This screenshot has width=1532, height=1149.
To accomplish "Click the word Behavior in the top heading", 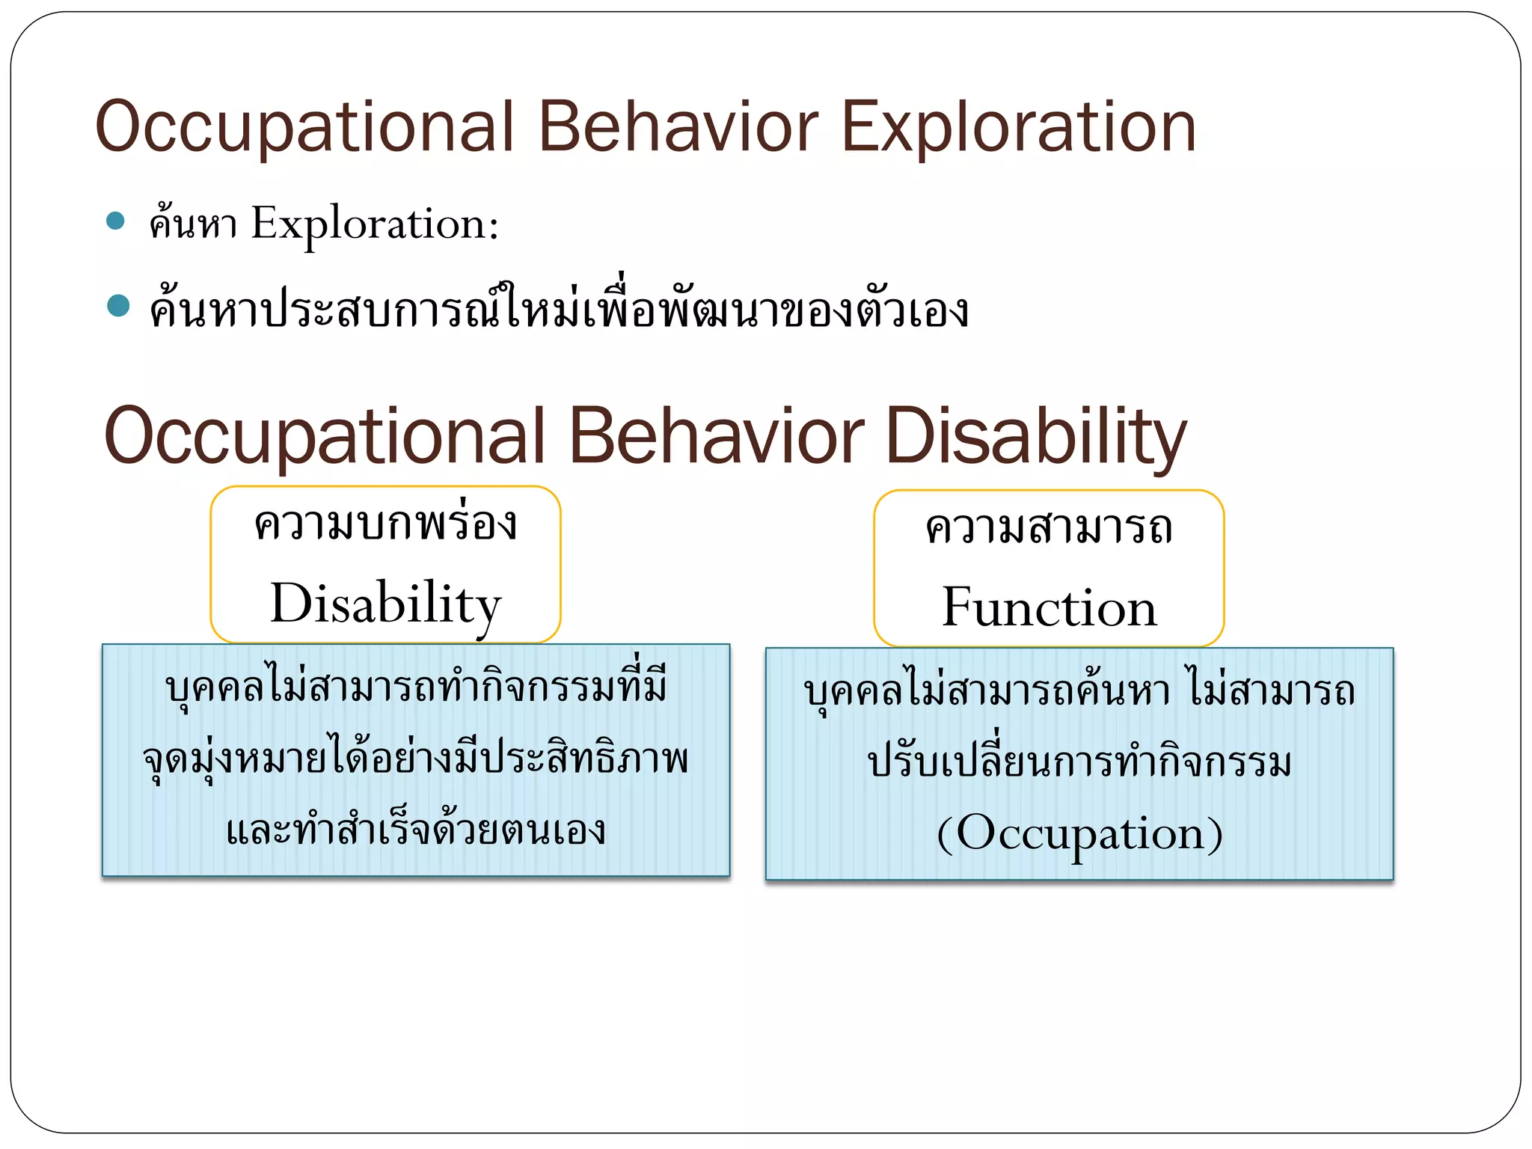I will click(x=677, y=127).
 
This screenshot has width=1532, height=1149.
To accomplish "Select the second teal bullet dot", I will click(x=118, y=306).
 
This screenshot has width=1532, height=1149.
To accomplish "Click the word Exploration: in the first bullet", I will click(x=374, y=224).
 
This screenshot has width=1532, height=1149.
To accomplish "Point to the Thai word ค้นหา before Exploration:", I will click(x=193, y=222).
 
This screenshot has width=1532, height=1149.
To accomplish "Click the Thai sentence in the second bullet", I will click(x=558, y=309).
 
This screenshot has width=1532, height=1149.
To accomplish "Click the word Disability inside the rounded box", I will click(x=385, y=604).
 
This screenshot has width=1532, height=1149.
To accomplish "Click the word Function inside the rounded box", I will click(x=1049, y=607).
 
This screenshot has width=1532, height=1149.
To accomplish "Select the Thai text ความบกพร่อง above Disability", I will click(x=385, y=523).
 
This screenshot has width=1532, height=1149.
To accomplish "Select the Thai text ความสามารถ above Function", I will click(x=1049, y=527).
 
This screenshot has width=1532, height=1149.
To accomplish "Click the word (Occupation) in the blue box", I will click(x=1079, y=833).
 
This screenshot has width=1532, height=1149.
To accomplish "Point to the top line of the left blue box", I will click(x=416, y=687).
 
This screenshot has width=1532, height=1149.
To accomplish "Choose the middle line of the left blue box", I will click(x=416, y=759).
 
